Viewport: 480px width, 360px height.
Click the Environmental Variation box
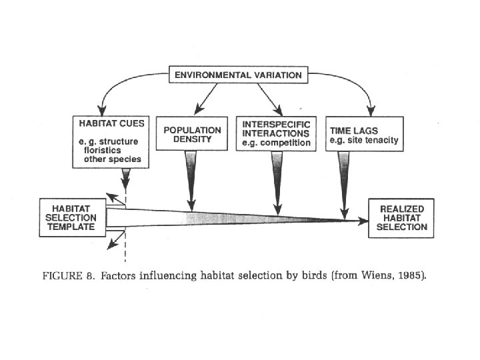(238, 75)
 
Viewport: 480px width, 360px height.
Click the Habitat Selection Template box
(71, 217)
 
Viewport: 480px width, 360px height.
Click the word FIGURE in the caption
(65, 275)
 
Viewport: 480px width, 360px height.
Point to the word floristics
(102, 152)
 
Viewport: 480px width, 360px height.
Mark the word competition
(287, 143)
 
